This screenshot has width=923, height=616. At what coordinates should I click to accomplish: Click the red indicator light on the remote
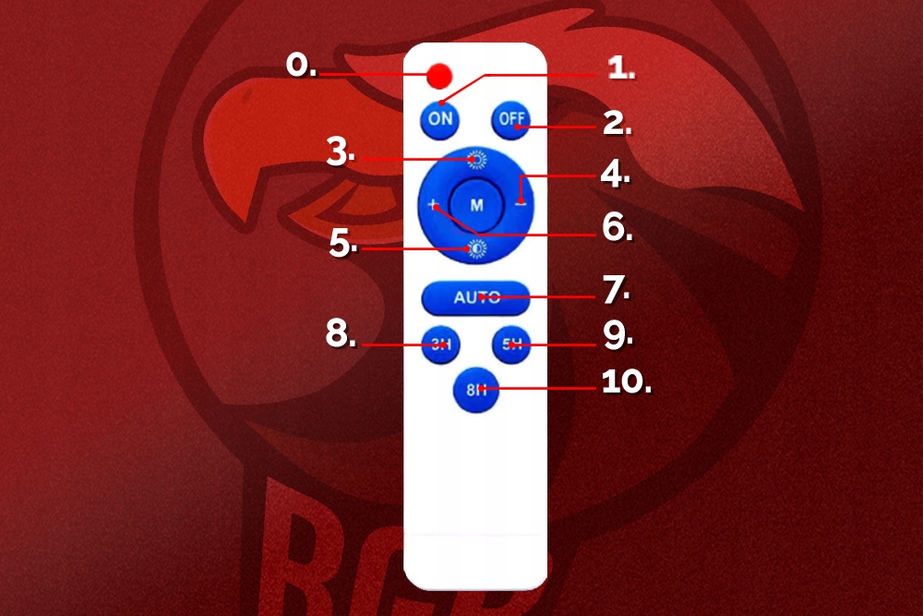(439, 75)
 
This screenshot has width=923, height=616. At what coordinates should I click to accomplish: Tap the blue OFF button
(509, 119)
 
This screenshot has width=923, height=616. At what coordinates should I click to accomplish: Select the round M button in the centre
(476, 203)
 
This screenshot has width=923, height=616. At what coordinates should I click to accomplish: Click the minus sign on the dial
(521, 202)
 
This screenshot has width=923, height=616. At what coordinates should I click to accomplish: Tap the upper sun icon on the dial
(476, 159)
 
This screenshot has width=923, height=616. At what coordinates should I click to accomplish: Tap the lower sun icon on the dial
(476, 248)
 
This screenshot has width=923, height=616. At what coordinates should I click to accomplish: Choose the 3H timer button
(439, 345)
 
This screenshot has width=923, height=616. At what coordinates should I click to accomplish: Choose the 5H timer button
(511, 345)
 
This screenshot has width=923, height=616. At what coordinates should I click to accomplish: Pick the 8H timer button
(475, 390)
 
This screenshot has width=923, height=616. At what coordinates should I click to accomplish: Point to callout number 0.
(301, 66)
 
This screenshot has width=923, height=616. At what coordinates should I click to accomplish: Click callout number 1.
(620, 67)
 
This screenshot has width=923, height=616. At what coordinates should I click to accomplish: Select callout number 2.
(617, 123)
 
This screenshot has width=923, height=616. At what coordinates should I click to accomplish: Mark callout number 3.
(341, 153)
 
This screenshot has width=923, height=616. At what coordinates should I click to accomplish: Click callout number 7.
(616, 290)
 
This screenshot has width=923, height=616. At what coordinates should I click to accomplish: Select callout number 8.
(341, 335)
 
